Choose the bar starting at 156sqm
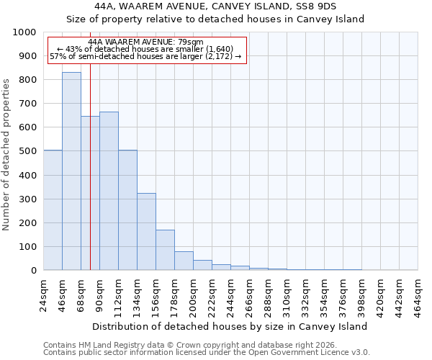pyautogui.click(x=165, y=250)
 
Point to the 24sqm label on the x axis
pyautogui.click(x=43, y=293)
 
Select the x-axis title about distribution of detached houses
pyautogui.click(x=230, y=326)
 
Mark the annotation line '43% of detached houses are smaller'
pyautogui.click(x=146, y=49)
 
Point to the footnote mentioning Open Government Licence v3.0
pyautogui.click(x=207, y=353)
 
